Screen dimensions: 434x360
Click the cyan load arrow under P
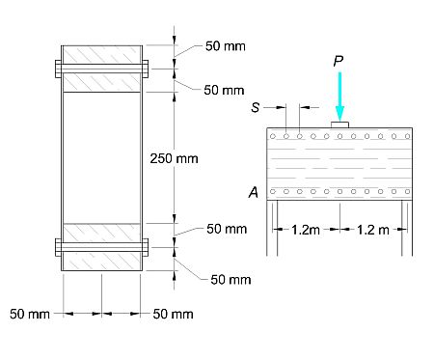pos(339,97)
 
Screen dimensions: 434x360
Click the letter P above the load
pos(339,61)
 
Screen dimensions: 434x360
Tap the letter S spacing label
pos(256,107)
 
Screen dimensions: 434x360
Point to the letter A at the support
pos(254,192)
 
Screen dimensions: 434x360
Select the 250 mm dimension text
pos(174,158)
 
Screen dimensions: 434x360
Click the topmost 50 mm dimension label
pos(226,46)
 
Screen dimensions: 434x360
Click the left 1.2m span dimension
pos(306,230)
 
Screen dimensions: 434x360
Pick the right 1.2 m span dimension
pos(373,230)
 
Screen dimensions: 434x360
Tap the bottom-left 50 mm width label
pos(30,314)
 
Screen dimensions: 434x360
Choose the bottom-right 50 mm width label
pos(173,314)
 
